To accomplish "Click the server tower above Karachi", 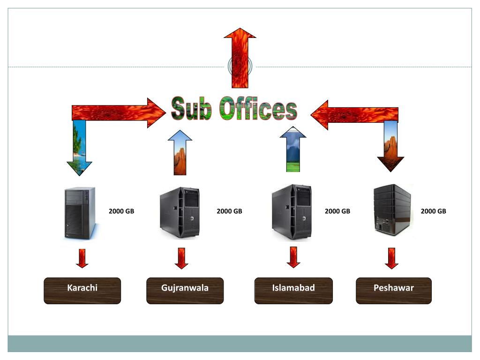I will tap(79, 213).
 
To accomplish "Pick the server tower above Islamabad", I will tap(292, 212).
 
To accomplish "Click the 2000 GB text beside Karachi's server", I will tap(121, 211).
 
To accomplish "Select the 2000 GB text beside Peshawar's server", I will tap(434, 211).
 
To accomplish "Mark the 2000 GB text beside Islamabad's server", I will tap(337, 211).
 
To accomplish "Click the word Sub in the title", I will tap(191, 109).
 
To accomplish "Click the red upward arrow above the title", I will tap(240, 56).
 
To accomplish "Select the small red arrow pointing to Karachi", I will tap(82, 258).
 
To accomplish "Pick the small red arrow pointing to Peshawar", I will tap(391, 258).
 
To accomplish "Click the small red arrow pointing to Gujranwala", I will tap(181, 258).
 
